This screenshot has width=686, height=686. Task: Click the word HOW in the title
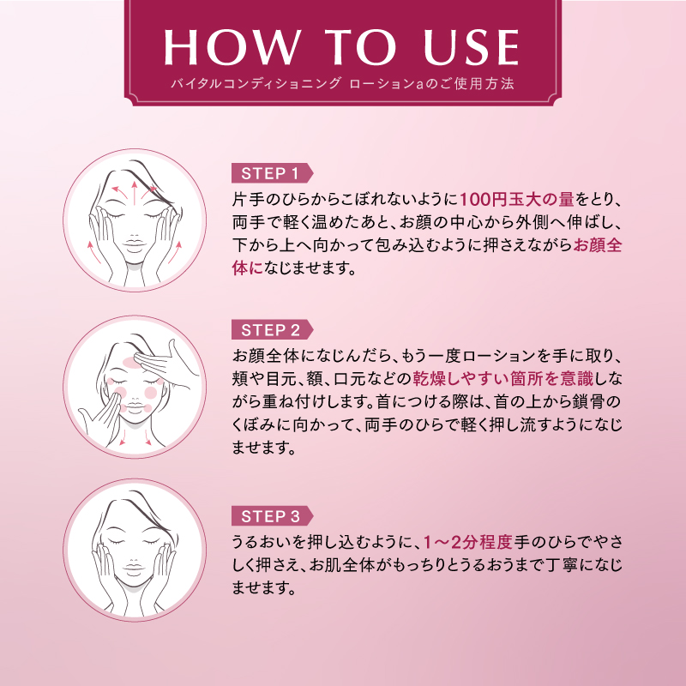[232, 47]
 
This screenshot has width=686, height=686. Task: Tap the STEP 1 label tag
[272, 173]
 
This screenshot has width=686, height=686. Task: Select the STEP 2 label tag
[272, 330]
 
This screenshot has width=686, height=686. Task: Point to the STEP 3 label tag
[272, 516]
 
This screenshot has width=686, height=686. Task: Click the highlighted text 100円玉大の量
[517, 200]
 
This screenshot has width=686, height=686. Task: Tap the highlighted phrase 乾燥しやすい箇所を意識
[503, 379]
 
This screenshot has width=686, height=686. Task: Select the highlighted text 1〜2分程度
[468, 543]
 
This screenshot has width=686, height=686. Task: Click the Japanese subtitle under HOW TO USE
[342, 83]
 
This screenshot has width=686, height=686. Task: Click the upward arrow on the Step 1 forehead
[135, 192]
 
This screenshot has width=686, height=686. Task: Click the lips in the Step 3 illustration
[134, 569]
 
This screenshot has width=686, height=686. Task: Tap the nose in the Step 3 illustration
[134, 557]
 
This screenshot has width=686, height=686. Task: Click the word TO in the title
[361, 47]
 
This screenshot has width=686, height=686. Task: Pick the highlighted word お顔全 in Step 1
[598, 245]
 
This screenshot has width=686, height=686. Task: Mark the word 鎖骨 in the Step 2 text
[587, 402]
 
